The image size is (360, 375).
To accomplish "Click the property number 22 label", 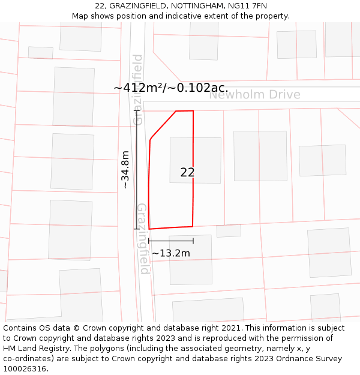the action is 187,173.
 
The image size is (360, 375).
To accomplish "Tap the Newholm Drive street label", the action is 254,95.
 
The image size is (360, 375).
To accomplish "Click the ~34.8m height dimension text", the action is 125,170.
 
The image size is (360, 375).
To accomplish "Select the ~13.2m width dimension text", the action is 171,253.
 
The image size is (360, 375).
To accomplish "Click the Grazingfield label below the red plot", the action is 143,238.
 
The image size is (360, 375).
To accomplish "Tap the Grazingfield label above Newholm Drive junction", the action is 138,90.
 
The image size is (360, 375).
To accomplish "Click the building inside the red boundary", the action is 196,160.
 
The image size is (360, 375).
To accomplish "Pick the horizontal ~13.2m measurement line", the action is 171,241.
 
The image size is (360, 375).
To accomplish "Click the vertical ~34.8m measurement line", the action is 137,170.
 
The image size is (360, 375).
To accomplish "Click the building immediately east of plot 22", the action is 260,156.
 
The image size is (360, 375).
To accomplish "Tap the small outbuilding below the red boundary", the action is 229,231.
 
